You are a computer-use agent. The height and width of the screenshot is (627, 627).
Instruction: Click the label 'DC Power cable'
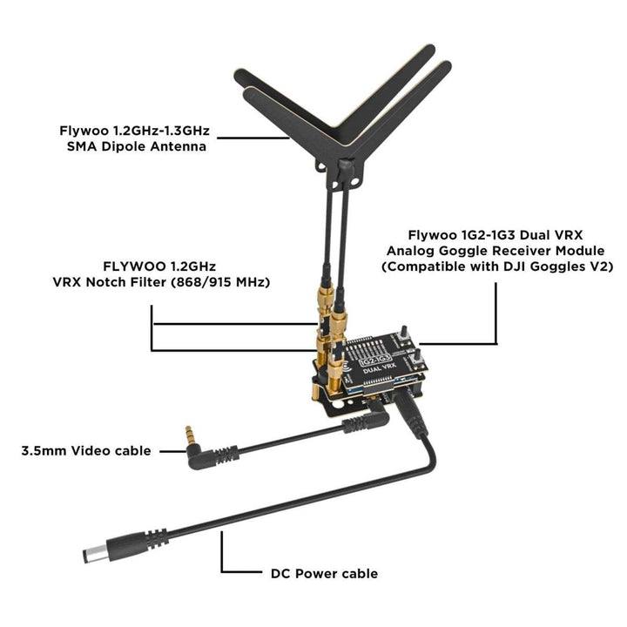pyautogui.click(x=324, y=574)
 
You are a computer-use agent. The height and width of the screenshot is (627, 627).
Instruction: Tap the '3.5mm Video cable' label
pyautogui.click(x=86, y=451)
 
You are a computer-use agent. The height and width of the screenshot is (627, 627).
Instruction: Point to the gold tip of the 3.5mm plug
pyautogui.click(x=189, y=435)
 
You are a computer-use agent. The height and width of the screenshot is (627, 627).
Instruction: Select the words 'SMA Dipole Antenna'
pyautogui.click(x=137, y=146)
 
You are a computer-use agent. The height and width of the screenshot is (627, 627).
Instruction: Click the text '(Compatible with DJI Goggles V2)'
pyautogui.click(x=497, y=266)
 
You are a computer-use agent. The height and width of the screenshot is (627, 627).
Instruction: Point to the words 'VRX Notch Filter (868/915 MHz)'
pyautogui.click(x=161, y=282)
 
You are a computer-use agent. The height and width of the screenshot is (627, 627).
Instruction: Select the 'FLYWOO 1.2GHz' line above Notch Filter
pyautogui.click(x=159, y=266)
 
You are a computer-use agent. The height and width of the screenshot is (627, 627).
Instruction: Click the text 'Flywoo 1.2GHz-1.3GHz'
pyautogui.click(x=134, y=131)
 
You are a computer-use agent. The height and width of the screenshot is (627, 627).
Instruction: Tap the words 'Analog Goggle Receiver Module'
pyautogui.click(x=496, y=251)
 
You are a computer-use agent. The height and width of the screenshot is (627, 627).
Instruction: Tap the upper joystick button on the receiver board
pyautogui.click(x=404, y=334)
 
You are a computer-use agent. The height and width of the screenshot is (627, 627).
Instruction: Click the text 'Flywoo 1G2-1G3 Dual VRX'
pyautogui.click(x=496, y=235)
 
